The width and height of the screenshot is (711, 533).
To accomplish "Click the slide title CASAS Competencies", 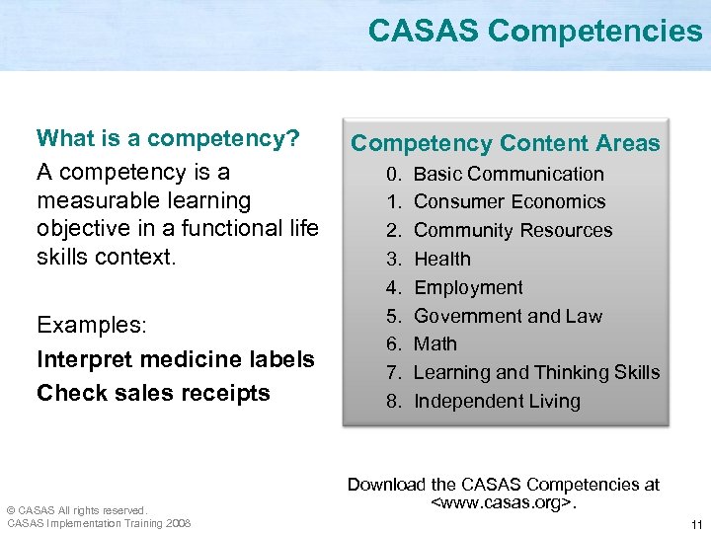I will click(x=534, y=32).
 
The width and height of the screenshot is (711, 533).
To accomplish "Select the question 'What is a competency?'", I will click(x=168, y=138).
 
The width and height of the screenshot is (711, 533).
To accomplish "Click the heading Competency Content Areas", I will click(x=505, y=143).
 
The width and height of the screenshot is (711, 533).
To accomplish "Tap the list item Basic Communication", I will click(x=508, y=174).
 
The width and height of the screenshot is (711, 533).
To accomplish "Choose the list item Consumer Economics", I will click(x=509, y=201).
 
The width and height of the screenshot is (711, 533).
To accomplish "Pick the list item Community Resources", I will click(x=513, y=230).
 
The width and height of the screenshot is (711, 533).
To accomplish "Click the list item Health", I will click(x=441, y=259).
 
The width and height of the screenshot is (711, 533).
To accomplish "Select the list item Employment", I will click(x=468, y=287).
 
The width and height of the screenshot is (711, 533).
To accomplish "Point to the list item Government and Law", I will click(x=508, y=316).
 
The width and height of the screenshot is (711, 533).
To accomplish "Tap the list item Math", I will click(x=434, y=343).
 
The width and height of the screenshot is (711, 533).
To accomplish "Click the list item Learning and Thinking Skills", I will click(x=536, y=372).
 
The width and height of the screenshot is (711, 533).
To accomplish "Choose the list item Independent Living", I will click(x=497, y=401).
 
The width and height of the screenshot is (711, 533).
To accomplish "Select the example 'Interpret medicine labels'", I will click(x=176, y=359).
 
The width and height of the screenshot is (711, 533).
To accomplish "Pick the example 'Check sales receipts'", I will click(x=153, y=393).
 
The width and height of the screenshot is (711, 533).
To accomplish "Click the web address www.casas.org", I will click(x=503, y=503).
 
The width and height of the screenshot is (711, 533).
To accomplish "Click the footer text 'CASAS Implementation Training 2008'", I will click(x=99, y=523).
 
